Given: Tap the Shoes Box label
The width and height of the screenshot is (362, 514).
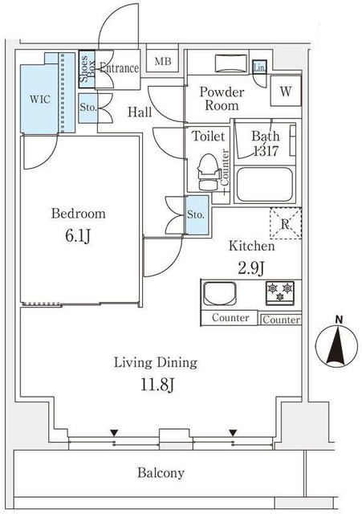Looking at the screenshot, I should [87, 69].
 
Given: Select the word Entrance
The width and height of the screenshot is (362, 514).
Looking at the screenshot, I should [120, 69].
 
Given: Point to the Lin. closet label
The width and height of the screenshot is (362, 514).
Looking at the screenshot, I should [259, 69].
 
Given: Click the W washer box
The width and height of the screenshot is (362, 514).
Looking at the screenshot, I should [285, 92].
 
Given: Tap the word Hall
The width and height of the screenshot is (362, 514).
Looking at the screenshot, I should [140, 112].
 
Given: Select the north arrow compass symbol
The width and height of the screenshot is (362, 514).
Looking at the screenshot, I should [338, 346].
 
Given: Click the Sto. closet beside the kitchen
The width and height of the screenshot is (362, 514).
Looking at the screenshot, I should [196, 215].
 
